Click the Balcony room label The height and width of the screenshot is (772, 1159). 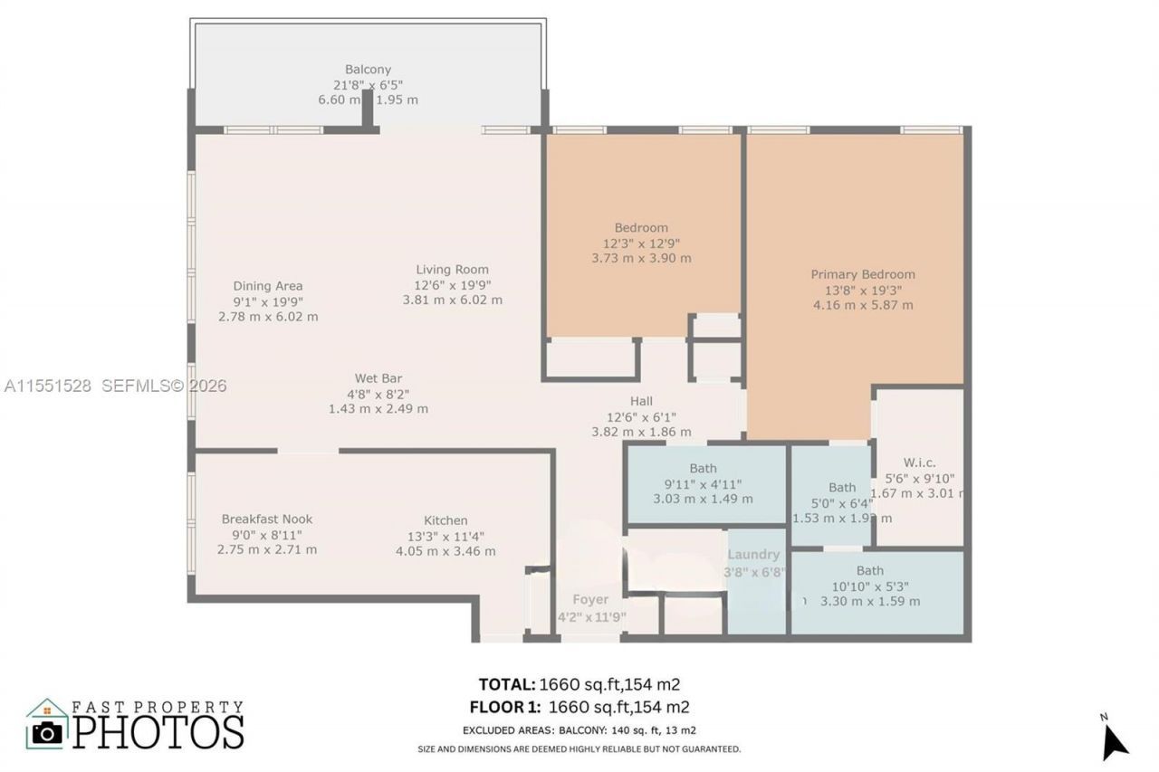368,70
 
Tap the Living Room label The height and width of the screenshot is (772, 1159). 452,269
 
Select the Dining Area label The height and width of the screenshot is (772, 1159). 268,286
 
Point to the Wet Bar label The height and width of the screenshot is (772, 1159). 378,378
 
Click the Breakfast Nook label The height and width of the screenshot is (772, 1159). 267,519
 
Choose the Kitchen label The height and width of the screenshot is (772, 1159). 445,520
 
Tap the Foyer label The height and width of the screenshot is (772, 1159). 590,599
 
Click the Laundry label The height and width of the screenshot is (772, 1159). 753,555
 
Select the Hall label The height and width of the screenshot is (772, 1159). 641,401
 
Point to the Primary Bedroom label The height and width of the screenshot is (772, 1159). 862,274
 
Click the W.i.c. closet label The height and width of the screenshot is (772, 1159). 919,462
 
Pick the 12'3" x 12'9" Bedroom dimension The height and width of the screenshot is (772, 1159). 641,243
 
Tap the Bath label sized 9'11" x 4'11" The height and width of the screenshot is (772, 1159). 703,468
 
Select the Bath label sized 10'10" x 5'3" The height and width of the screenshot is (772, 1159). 869,570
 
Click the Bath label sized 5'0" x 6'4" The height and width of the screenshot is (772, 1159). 841,488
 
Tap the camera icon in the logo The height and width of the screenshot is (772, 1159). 46,731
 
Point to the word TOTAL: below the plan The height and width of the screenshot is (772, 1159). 506,684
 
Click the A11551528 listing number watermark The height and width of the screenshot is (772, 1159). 47,386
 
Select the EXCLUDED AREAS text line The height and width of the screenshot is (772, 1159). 579,730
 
